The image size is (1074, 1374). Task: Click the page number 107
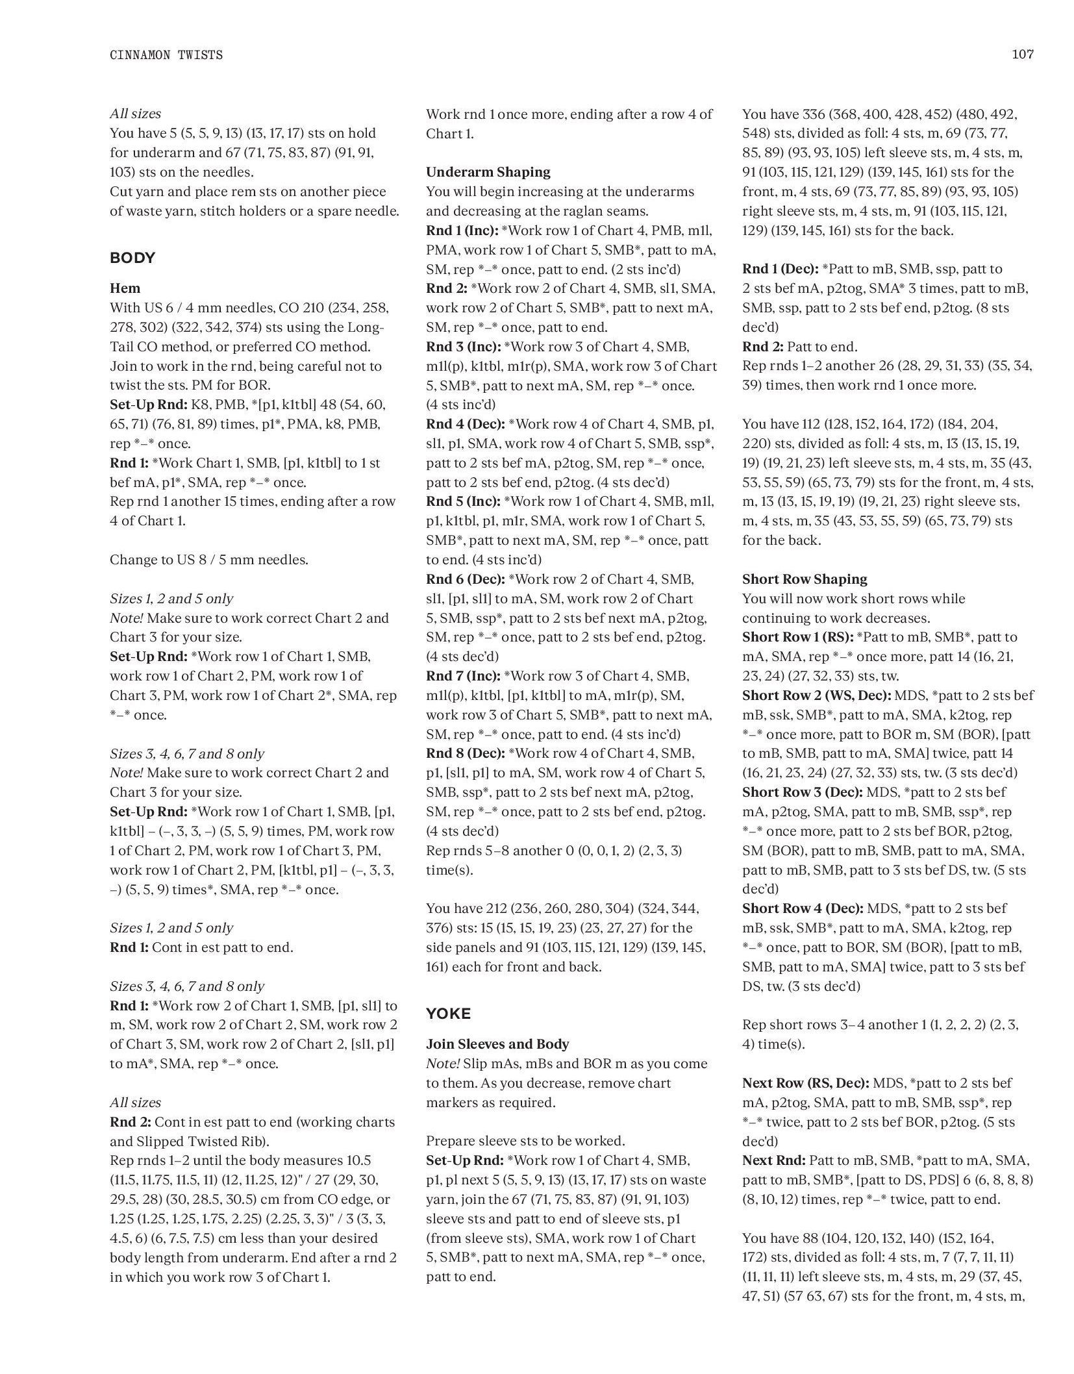point(1022,55)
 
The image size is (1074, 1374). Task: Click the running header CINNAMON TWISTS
point(166,55)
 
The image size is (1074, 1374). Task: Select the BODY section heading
point(132,258)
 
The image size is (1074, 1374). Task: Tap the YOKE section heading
point(448,1013)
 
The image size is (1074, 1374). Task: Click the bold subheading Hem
point(125,288)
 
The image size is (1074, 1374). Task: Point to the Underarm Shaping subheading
point(488,172)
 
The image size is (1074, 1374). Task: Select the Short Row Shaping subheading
point(805,579)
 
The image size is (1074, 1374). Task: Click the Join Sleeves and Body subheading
point(497,1043)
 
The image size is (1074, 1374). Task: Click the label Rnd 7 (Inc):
point(463,676)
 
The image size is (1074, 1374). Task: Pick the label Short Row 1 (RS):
point(798,637)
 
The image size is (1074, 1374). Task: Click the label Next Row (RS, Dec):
point(806,1082)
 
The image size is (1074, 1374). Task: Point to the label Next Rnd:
point(774,1160)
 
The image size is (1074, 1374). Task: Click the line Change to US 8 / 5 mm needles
point(209,560)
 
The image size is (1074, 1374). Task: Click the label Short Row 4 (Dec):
point(803,908)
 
